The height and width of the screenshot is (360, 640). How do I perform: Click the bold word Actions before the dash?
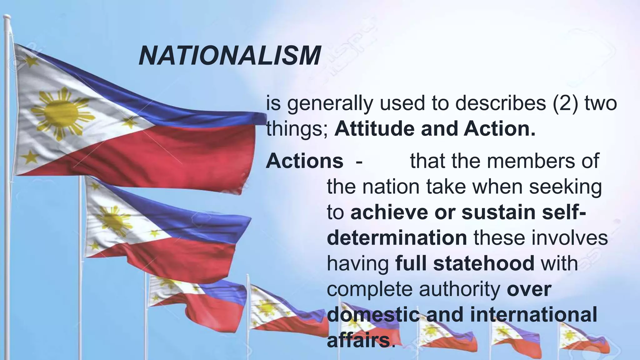click(304, 161)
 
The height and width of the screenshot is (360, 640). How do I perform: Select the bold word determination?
click(397, 238)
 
